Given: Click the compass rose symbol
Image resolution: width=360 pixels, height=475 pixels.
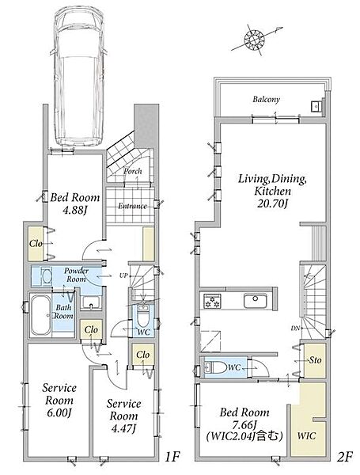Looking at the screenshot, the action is tap(254, 40).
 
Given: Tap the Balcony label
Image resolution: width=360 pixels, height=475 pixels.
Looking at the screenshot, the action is tap(267, 100).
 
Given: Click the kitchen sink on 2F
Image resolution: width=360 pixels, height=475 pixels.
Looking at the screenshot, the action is tap(256, 301).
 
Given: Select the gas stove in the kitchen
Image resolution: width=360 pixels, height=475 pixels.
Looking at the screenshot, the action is tap(212, 301).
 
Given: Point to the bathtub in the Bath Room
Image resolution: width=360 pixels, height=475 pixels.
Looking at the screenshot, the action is tap(41, 315).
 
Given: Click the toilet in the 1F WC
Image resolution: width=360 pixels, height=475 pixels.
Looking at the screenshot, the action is tap(142, 316).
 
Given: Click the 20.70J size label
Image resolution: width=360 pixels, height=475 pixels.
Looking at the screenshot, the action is tap(272, 204).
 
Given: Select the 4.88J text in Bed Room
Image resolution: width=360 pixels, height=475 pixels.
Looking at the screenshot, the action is tap(75, 210).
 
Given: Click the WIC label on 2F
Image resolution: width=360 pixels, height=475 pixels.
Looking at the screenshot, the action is tap(306, 436).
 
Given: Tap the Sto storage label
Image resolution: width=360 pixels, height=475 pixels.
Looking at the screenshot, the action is tap(315, 360).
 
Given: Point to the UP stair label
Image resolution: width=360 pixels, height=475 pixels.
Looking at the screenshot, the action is tap(123, 275).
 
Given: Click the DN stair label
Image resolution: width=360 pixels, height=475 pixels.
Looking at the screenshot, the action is tap(295, 328).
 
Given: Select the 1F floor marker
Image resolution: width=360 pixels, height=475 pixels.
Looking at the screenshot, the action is tap(172, 457).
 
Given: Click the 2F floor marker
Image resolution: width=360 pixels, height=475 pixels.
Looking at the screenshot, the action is tap(345, 457).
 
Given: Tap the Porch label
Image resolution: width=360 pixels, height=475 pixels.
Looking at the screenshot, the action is tap(133, 171).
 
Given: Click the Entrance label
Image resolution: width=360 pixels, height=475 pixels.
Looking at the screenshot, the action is tap(132, 206).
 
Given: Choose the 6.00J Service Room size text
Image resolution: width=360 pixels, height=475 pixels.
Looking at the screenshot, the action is tap(59, 412).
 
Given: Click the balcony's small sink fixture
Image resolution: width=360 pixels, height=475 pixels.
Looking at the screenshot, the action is tap(316, 106).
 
